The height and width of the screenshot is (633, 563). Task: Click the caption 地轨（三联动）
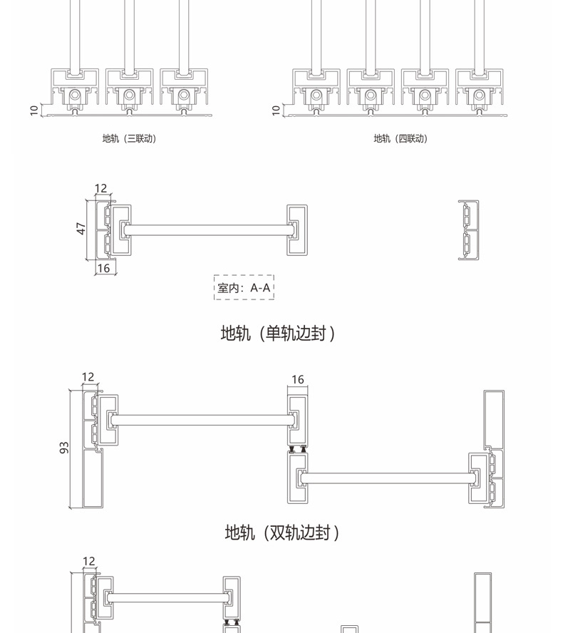129,138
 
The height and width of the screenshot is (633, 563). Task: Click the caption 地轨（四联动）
401,138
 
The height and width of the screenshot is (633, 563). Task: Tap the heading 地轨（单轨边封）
278,333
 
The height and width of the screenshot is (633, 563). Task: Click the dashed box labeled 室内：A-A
244,287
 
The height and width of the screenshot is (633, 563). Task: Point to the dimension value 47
81,228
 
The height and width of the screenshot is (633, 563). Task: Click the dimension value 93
64,448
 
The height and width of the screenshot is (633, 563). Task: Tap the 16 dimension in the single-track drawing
103,268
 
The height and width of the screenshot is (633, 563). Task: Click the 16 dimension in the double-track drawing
298,379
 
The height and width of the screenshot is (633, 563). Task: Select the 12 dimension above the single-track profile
100,188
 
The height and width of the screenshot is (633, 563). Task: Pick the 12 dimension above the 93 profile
88,377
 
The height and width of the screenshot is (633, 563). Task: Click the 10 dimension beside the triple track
33,110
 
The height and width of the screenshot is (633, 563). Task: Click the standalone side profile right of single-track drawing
468,230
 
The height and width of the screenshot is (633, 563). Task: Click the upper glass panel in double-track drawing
202,421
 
